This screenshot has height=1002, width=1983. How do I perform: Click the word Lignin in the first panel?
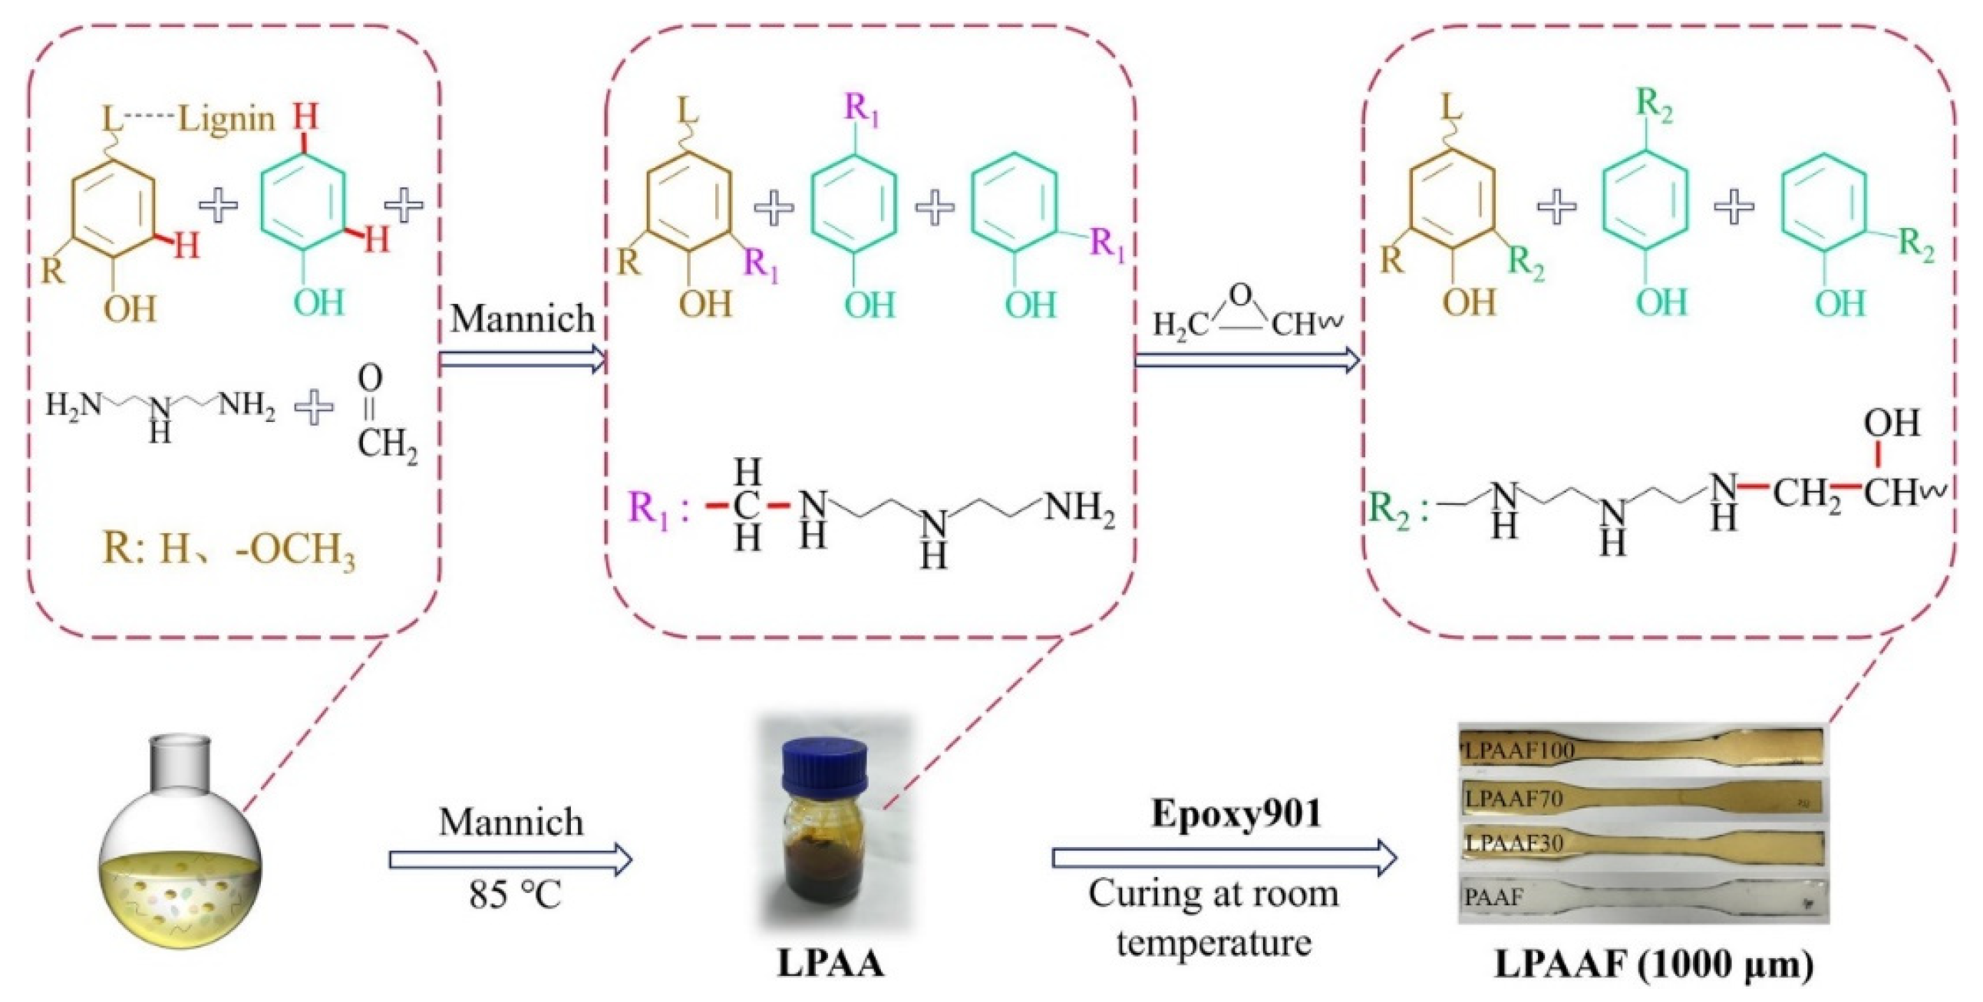tap(226, 119)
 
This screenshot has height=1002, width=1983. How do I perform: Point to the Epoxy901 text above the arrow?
tap(1236, 814)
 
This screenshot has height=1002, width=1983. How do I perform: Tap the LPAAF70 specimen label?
tap(1513, 799)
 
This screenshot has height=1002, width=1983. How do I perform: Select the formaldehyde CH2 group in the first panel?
tap(388, 445)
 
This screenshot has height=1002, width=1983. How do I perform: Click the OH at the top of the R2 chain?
tap(1892, 423)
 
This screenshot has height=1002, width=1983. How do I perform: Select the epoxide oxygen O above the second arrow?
tap(1241, 295)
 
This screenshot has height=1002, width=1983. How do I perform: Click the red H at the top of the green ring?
tap(305, 119)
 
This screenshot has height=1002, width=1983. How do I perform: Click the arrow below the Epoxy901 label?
tap(1225, 858)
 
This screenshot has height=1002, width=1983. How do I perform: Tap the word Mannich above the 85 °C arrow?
tap(511, 822)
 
